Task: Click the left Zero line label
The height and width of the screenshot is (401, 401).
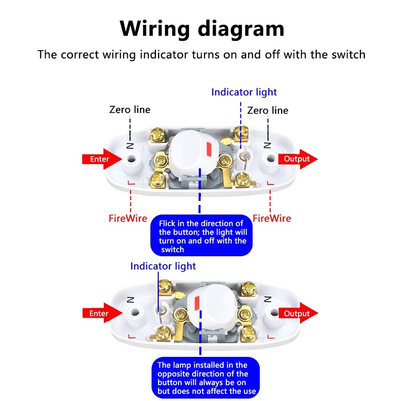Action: pos(130,109)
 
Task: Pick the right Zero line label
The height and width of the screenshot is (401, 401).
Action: pos(268,110)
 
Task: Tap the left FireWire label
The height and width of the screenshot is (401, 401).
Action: pos(128,219)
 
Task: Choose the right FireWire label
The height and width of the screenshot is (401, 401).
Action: pos(272,219)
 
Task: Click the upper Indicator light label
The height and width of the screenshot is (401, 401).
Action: pos(244,92)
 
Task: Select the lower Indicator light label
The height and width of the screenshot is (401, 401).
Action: pos(163,266)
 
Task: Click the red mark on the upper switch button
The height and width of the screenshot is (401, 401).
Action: pos(209,149)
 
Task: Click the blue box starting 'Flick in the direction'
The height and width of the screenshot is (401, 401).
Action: pos(202,236)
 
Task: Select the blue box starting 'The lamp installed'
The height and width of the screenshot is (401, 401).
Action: pos(202,378)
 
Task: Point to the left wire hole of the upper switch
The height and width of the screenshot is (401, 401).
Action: pos(132,160)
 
